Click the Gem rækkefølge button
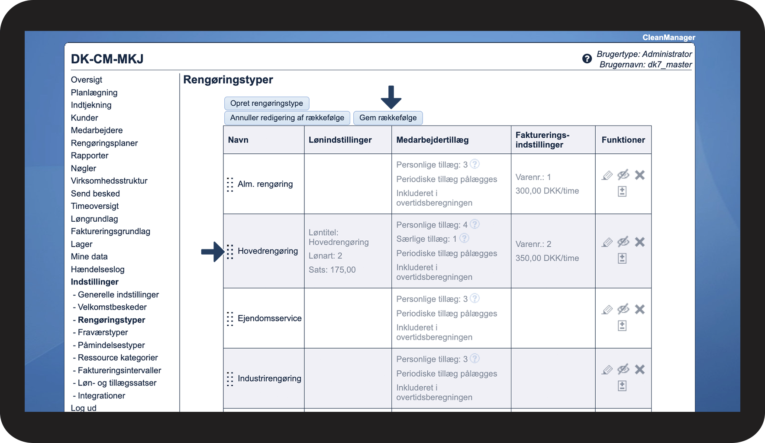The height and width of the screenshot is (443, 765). point(388,118)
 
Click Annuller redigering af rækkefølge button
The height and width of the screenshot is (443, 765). point(287,118)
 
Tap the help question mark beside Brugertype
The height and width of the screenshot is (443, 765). point(587,59)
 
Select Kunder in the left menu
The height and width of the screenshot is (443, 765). point(84,118)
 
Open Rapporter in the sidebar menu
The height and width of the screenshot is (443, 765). point(90,155)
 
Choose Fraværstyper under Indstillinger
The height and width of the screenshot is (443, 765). point(103,333)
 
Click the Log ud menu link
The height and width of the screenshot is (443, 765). point(84,408)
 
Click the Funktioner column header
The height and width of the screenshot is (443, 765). point(623,140)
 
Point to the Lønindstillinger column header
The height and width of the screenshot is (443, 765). point(340,140)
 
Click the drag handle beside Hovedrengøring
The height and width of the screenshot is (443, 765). point(230,252)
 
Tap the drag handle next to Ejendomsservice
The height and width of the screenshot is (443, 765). point(230,319)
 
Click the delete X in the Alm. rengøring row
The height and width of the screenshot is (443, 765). point(639,175)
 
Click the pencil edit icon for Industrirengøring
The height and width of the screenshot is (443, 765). point(607,370)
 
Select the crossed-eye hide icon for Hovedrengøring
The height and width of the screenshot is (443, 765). point(623,242)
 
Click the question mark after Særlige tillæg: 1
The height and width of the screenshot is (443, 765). point(464,238)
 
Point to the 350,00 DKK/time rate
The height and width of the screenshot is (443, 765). point(547,258)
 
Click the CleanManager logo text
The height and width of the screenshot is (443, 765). point(668,38)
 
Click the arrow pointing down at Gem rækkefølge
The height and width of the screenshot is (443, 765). point(391,97)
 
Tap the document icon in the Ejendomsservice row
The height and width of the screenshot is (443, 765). point(622,326)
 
